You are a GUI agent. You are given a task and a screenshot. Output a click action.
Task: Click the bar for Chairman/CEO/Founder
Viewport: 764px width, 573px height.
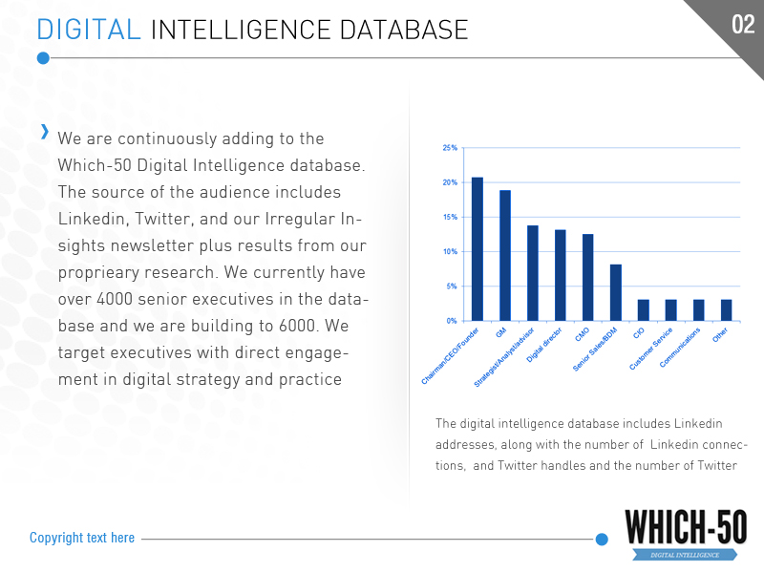(x=477, y=249)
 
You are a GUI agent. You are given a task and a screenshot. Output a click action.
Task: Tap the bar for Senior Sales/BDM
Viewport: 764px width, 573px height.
(x=616, y=292)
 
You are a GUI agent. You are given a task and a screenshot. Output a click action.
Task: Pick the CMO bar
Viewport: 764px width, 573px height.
(x=588, y=277)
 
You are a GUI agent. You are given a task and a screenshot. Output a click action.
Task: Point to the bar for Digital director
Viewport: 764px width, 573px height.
(x=561, y=275)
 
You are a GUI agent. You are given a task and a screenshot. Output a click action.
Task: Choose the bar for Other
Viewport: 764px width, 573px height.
(x=727, y=310)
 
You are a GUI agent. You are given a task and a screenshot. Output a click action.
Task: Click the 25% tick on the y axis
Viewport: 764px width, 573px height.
(x=450, y=148)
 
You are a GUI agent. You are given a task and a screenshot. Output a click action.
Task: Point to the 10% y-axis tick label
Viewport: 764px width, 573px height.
(x=450, y=252)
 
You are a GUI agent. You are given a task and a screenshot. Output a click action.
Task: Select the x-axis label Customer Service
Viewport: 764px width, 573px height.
(x=652, y=350)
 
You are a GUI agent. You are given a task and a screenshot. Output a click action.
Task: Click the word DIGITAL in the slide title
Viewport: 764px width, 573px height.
(x=88, y=30)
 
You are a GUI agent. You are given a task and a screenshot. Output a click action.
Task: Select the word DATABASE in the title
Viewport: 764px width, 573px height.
(x=408, y=30)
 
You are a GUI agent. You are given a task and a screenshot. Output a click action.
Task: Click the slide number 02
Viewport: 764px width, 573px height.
(x=743, y=25)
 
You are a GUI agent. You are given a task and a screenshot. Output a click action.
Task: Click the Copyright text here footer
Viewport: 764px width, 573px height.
(x=82, y=538)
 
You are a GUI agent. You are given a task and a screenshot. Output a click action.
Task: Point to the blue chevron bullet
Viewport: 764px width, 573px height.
(x=44, y=132)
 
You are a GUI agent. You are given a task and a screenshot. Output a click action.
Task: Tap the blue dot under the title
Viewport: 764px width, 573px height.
(x=43, y=58)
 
